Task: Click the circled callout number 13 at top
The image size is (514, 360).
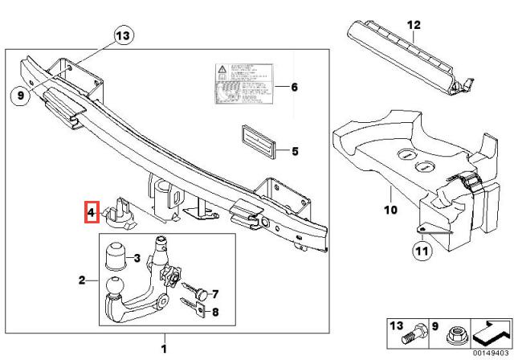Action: coord(122,35)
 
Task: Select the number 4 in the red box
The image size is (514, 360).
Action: coord(92,214)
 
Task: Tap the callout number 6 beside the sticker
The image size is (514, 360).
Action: coord(294,87)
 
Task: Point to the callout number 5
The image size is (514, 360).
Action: coord(294,150)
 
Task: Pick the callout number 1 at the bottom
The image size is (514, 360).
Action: coord(165,348)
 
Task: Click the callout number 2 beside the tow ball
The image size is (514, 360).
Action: coord(82,280)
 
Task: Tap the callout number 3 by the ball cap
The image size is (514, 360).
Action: coord(137,257)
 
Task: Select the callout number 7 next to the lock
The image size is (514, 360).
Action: coord(215,293)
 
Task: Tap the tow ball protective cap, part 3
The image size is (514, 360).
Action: coord(115,258)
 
